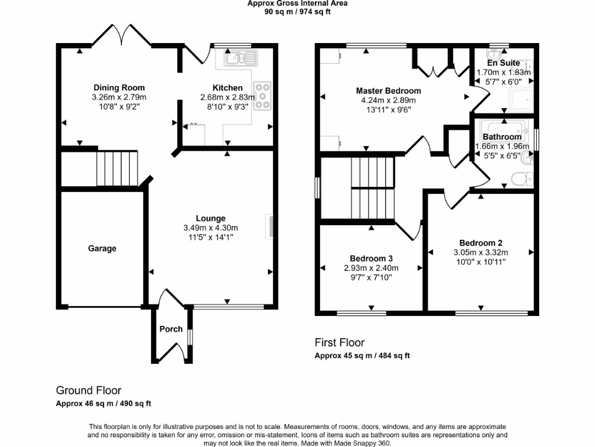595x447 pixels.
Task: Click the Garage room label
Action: point(102,249)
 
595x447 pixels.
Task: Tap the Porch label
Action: point(171,329)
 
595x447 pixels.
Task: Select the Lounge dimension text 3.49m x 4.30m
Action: point(210,228)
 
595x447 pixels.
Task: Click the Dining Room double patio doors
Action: point(121,36)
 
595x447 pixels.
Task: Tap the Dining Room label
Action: point(119,88)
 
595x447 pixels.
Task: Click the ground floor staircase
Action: point(118,168)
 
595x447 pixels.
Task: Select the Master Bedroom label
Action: point(388,91)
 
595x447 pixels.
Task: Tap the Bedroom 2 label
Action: point(481,243)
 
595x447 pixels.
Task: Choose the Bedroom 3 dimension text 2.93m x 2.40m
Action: point(371,268)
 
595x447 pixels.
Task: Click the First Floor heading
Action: point(339,343)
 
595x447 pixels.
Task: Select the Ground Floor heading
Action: point(88,391)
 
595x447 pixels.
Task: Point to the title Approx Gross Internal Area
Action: point(297,3)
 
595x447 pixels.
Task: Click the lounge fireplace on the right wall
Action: point(270,227)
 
